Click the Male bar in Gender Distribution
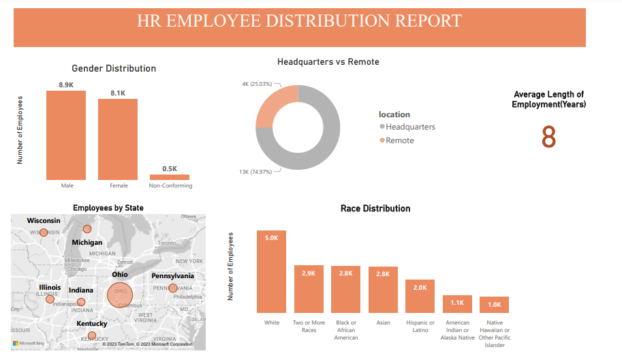coord(66,134)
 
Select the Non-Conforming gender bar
coord(170,177)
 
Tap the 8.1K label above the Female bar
coord(118,93)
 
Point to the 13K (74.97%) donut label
coord(255,171)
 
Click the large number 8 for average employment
coord(548,138)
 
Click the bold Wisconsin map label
coord(44,221)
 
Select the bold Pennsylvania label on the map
coord(172,276)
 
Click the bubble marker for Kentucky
coord(91,335)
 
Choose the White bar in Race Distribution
coord(271,271)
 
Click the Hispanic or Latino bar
coord(420,296)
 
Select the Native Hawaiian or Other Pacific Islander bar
coord(494,305)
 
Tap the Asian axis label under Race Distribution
coord(383,322)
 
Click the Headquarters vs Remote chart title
coord(328,62)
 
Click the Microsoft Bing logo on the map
coord(29,343)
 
